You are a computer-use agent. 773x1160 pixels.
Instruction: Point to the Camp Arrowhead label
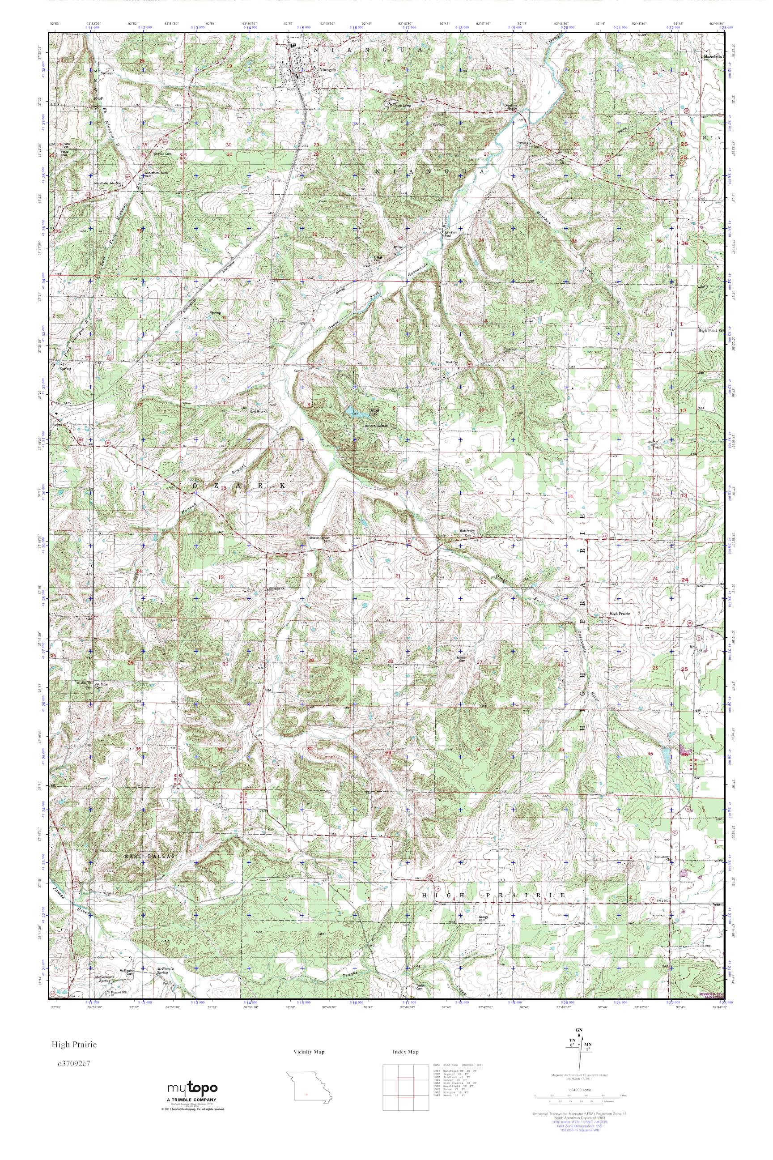(376, 425)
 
